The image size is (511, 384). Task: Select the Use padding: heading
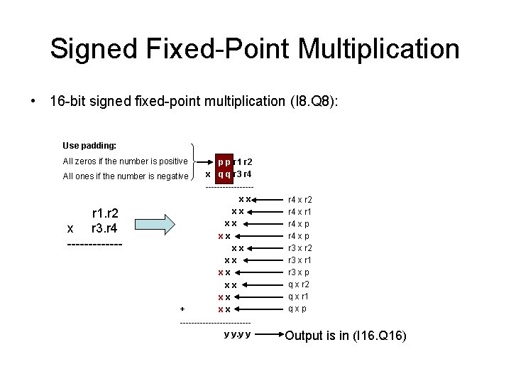pyautogui.click(x=89, y=145)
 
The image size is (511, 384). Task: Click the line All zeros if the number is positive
pyautogui.click(x=126, y=161)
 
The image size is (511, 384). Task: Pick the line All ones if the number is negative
pyautogui.click(x=126, y=176)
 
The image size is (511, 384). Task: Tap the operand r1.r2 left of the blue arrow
pyautogui.click(x=105, y=213)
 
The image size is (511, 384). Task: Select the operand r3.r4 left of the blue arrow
pyautogui.click(x=104, y=228)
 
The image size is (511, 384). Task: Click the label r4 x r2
pyautogui.click(x=300, y=200)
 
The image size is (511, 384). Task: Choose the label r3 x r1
pyautogui.click(x=300, y=260)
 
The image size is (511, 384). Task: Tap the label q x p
pyautogui.click(x=297, y=309)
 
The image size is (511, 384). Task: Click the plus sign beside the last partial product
pyautogui.click(x=182, y=309)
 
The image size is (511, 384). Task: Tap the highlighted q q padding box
pyautogui.click(x=224, y=174)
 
